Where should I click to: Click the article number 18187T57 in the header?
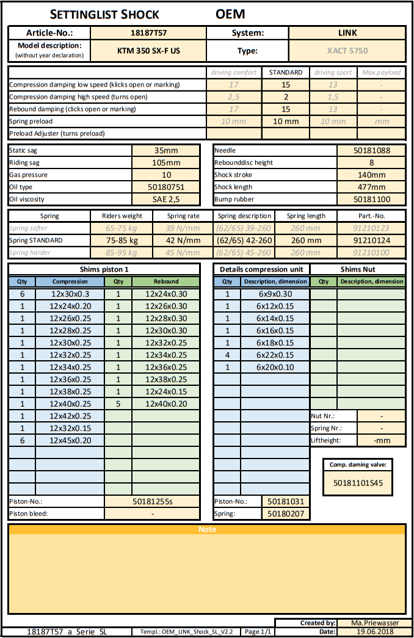coord(149,33)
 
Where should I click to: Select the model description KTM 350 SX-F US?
coord(149,51)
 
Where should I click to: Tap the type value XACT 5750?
coord(347,51)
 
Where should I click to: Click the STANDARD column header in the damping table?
coord(285,72)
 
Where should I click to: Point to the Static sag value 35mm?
coord(166,150)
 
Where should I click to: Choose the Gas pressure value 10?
coord(166,175)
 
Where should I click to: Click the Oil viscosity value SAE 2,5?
coord(166,199)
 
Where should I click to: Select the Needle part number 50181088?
coord(371,150)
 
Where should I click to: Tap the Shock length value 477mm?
coord(371,187)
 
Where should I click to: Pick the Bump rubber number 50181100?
coord(371,199)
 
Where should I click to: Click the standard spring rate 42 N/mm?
coord(183,241)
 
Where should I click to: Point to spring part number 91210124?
coord(371,241)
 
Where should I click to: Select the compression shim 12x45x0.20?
coord(70,440)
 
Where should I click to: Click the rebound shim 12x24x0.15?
coord(166,391)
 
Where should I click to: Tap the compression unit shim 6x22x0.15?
coord(275,355)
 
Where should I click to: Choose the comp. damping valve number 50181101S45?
coord(358,482)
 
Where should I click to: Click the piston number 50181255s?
coord(153,501)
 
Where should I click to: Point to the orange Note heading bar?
coord(207,529)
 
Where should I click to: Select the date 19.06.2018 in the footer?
coord(371,632)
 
